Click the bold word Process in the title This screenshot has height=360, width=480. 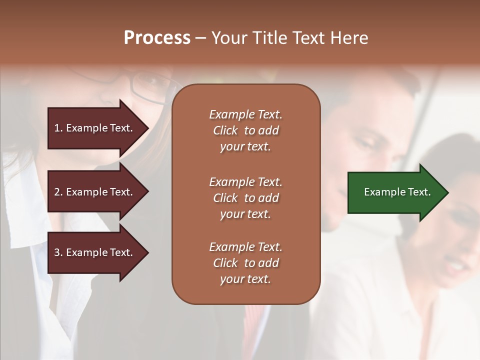(157, 38)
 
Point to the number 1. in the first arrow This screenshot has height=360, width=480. (58, 128)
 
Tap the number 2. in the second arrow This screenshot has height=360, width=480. (58, 192)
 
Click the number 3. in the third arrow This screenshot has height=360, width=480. (58, 252)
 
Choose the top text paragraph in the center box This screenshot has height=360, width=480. (245, 130)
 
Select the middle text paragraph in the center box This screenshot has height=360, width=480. (245, 198)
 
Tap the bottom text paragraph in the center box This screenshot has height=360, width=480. (245, 263)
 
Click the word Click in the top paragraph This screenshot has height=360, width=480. (225, 130)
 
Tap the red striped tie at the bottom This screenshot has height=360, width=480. (255, 325)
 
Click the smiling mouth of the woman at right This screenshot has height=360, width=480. (456, 267)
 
